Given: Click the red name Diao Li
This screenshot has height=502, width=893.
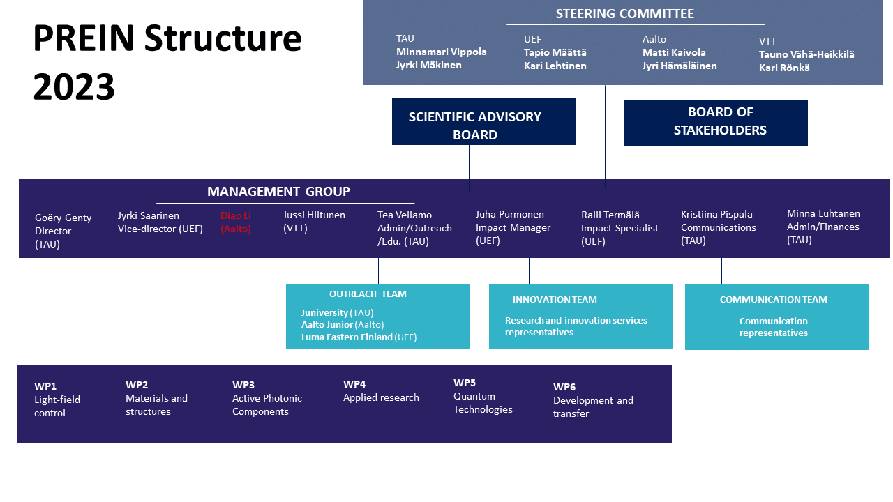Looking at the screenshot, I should tap(236, 215).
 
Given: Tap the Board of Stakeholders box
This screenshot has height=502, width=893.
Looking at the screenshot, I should tap(715, 122).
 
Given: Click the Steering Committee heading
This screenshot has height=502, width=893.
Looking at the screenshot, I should tap(624, 14).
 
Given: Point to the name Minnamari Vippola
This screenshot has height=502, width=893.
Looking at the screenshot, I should tap(441, 52).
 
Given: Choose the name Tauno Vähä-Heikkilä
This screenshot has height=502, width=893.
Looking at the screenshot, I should tap(806, 54).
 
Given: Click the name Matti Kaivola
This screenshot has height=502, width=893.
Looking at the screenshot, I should tap(673, 52).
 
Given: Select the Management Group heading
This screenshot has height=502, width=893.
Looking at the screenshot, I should tap(278, 191).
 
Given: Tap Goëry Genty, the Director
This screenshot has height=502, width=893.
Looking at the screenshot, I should tap(63, 218).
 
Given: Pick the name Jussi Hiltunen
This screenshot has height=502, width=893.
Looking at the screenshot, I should tap(314, 215).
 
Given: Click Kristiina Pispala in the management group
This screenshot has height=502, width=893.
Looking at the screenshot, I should tap(716, 214).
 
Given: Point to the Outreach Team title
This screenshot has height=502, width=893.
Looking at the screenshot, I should tap(368, 294).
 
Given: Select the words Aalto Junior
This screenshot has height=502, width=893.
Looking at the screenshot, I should tap(327, 324).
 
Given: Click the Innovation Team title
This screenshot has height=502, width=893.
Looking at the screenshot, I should tap(555, 299).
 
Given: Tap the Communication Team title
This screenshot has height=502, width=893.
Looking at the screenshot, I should tap(773, 299).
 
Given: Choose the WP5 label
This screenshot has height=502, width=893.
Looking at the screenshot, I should tap(464, 383).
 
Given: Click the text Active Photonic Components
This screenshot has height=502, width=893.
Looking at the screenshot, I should tap(267, 405).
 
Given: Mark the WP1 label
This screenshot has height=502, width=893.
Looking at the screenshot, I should tap(45, 386).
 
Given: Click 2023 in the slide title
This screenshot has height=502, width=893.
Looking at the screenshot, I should tap(74, 88).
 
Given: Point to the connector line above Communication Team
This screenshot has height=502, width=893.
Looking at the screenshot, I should tap(721, 271).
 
